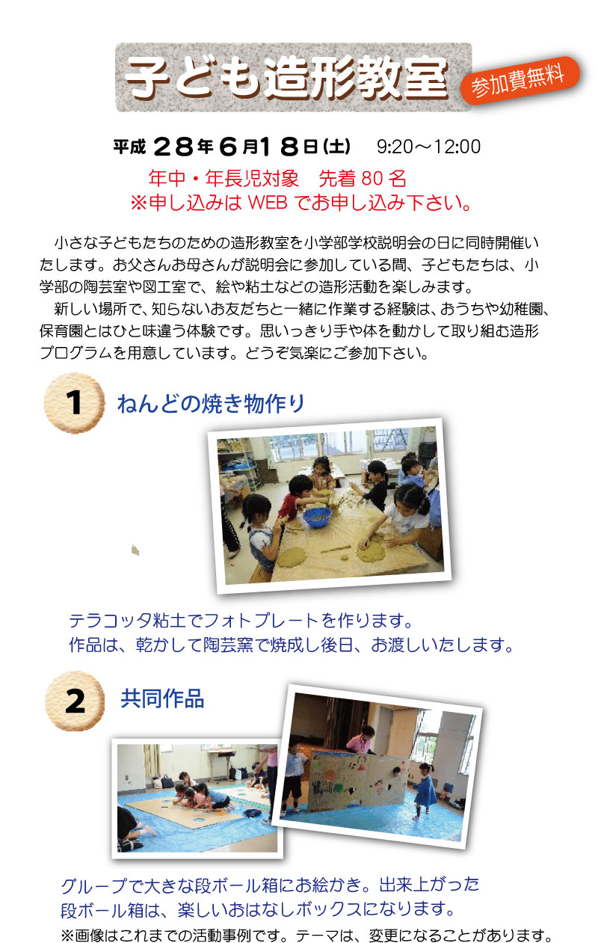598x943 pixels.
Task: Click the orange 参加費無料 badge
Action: point(520,81)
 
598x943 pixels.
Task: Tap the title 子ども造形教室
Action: point(286,78)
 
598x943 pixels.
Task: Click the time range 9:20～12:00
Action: point(428,147)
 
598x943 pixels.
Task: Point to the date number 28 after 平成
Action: point(173,147)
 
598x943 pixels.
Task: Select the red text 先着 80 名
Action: point(363,179)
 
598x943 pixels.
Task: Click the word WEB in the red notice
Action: point(268,203)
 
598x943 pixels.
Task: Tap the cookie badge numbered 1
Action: point(75,403)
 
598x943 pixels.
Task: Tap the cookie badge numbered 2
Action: point(75,701)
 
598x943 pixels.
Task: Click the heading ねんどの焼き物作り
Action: point(211,403)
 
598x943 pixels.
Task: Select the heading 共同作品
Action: point(162,698)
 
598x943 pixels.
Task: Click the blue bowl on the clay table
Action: point(317,517)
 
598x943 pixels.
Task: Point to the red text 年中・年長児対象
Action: point(224,179)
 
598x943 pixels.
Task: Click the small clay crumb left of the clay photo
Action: point(135,550)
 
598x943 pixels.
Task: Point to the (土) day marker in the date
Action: point(336,147)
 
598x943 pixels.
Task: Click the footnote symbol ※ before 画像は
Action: point(68,935)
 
